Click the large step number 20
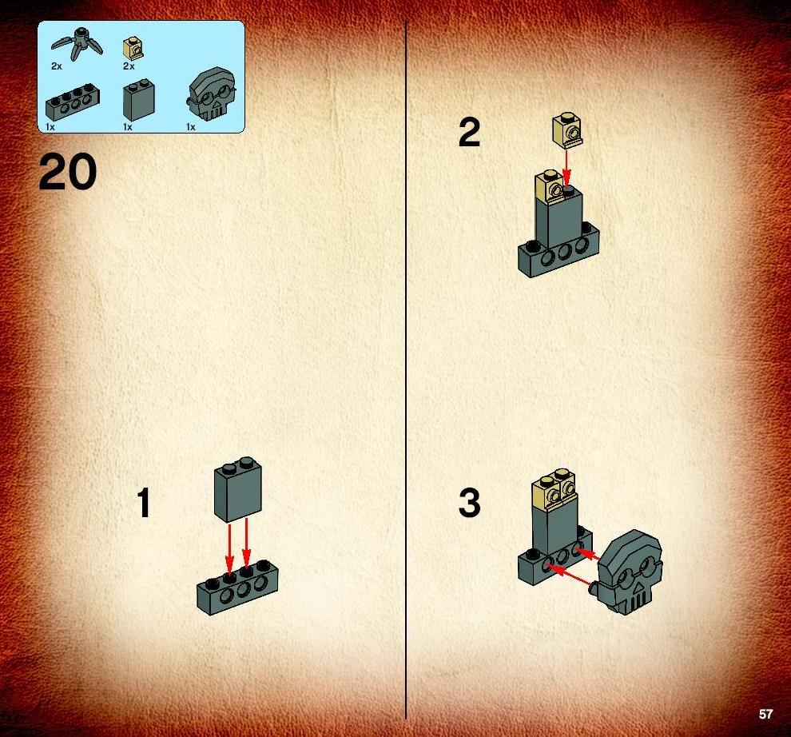pos(67,173)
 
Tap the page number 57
pos(765,714)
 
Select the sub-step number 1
pos(144,503)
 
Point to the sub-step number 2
pos(469,132)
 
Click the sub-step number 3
pos(469,503)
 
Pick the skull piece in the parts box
pos(211,94)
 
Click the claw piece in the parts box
pos(78,45)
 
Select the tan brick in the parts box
pos(133,49)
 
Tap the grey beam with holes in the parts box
pos(72,102)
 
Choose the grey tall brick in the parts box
pos(139,100)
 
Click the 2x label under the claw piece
pos(57,66)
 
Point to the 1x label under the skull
pos(191,127)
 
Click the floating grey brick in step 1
pos(238,490)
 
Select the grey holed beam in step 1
pos(237,588)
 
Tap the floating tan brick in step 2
pos(567,129)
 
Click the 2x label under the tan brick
pos(129,66)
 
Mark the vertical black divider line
pos(406,369)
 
